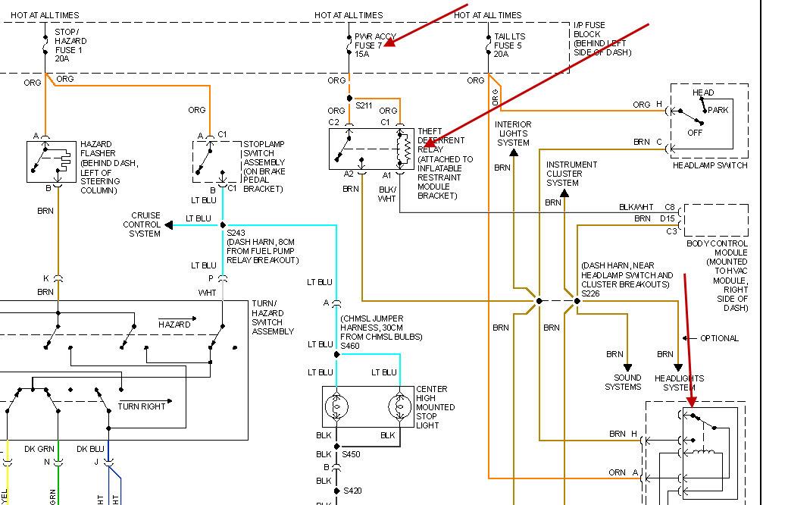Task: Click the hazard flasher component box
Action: (52, 161)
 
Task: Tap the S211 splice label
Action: (364, 105)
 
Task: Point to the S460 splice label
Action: (350, 346)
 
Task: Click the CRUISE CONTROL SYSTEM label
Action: (145, 224)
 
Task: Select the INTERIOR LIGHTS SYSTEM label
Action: (513, 133)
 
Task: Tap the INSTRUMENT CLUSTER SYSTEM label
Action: (571, 174)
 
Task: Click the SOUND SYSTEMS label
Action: (623, 382)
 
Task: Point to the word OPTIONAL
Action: (718, 338)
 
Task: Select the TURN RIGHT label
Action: (141, 406)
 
